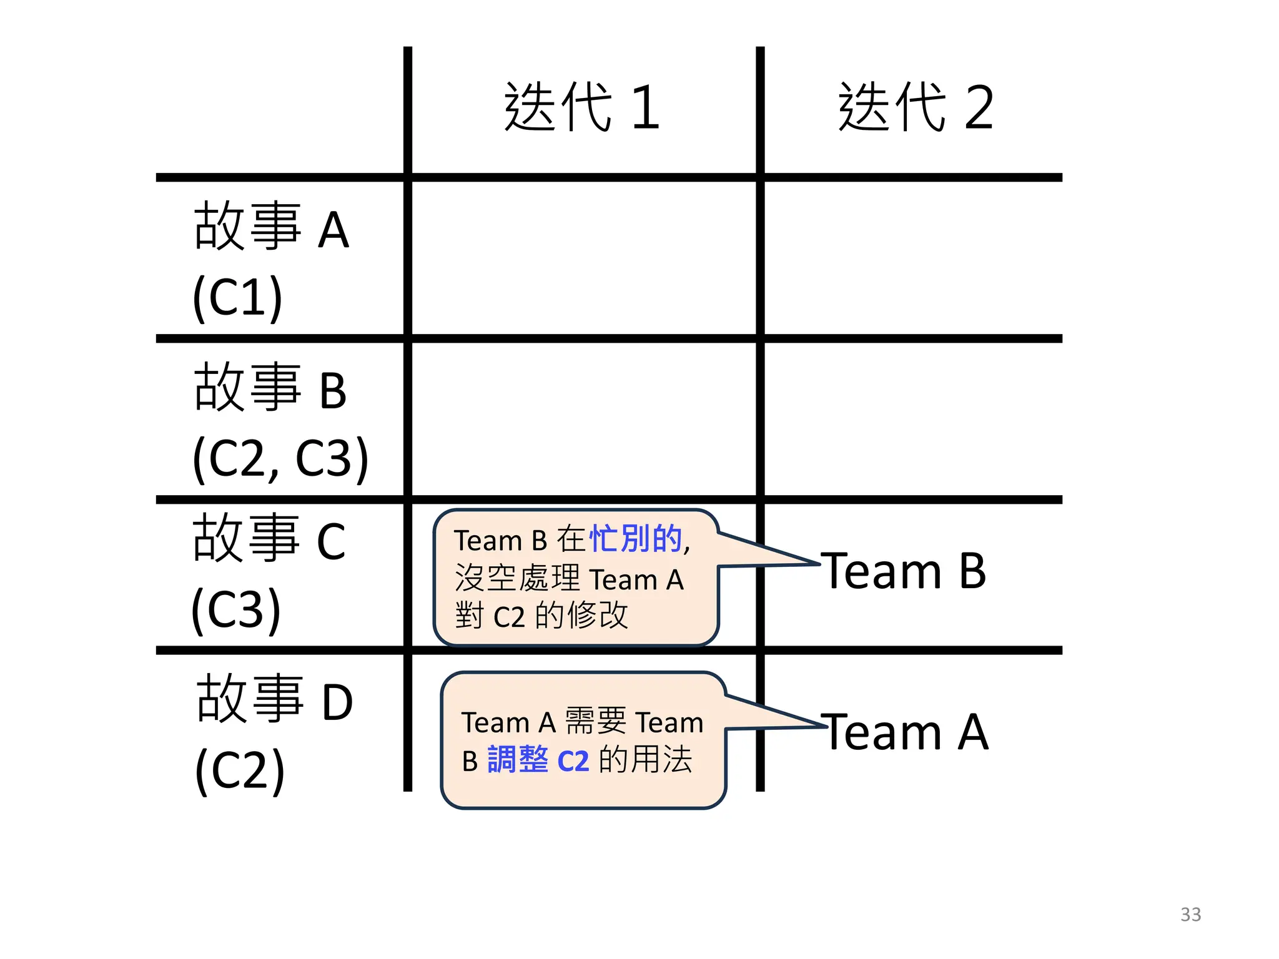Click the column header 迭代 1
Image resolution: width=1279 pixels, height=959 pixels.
point(582,107)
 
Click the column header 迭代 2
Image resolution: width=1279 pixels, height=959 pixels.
point(916,107)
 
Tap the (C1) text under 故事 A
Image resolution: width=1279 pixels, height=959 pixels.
point(237,297)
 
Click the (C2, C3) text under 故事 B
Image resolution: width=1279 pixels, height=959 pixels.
point(280,458)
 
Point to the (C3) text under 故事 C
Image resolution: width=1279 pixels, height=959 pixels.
point(236,609)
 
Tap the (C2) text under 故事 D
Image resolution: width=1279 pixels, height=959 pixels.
point(240,770)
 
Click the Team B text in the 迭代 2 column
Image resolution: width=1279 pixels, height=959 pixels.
point(903,571)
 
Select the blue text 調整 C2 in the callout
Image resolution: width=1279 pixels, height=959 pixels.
point(538,760)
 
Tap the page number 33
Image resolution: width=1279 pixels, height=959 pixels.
point(1190,915)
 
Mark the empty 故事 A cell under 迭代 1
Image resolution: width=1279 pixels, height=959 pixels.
point(583,258)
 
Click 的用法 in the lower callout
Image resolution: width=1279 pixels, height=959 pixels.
point(645,760)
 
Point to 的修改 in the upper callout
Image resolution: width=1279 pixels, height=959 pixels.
point(581,616)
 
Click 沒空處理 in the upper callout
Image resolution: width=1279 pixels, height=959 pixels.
point(518,578)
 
